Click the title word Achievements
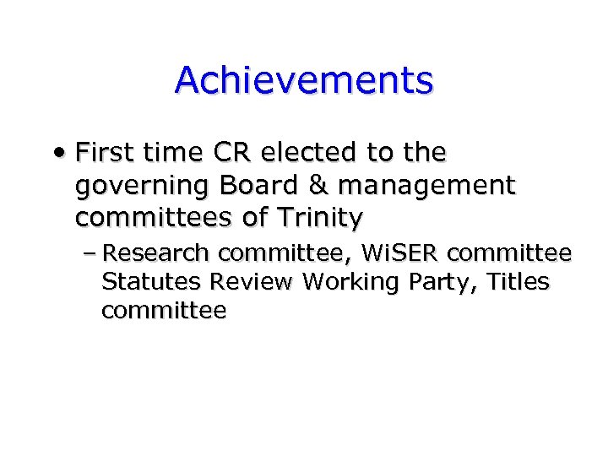pyautogui.click(x=304, y=80)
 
